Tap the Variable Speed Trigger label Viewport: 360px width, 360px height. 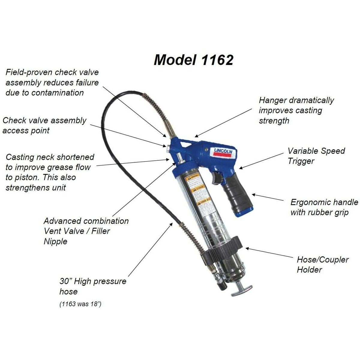coord(316,156)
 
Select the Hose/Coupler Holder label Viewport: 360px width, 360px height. coord(322,264)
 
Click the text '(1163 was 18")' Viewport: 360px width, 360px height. coord(80,304)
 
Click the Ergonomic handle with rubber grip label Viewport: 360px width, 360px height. coord(324,207)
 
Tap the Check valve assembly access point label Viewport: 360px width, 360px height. coord(44,125)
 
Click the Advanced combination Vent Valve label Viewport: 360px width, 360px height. coord(86,231)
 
